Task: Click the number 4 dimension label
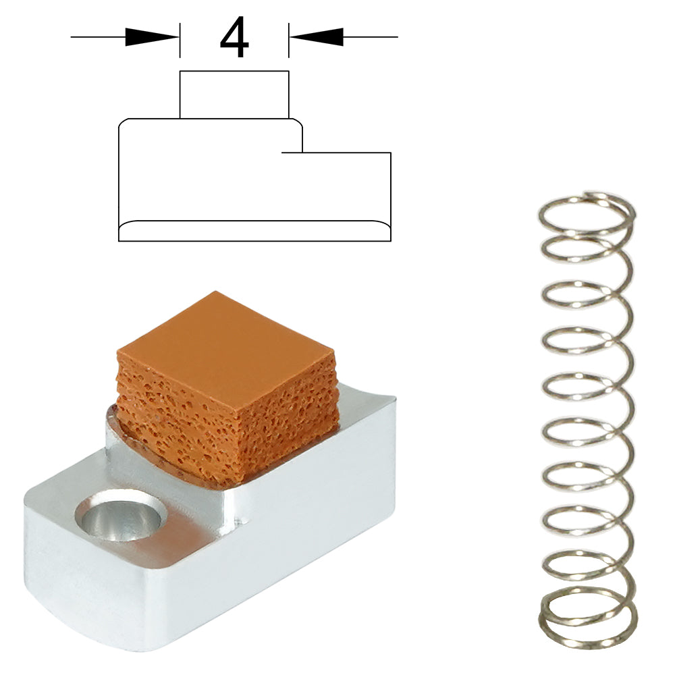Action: tap(234, 37)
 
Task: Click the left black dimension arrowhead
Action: tap(152, 37)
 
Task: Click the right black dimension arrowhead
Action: tap(317, 37)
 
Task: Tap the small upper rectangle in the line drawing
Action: tap(234, 94)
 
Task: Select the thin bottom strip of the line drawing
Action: tap(254, 231)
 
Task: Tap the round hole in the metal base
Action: tap(121, 515)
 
